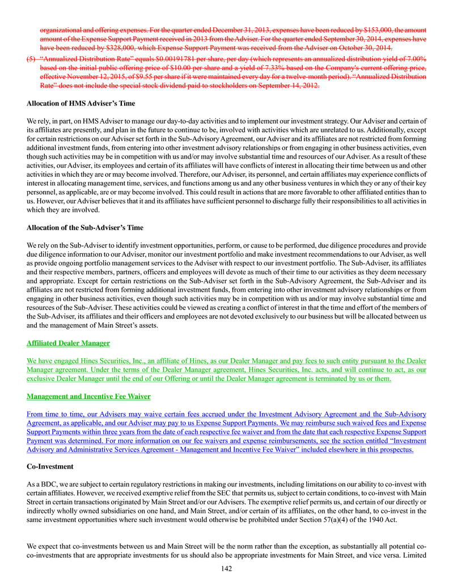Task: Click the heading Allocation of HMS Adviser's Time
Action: point(81,104)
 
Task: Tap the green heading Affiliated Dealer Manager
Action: point(68,343)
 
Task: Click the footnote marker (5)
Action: point(31,58)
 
